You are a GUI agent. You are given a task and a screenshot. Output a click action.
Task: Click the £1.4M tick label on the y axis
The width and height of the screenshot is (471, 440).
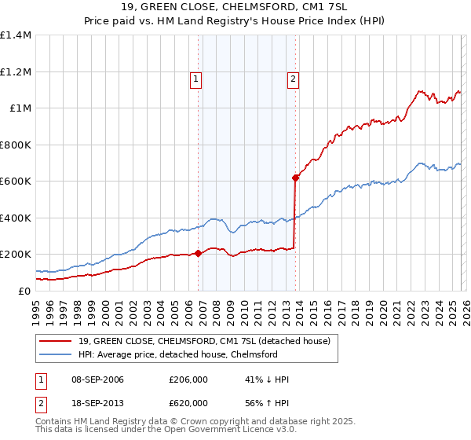[16, 35]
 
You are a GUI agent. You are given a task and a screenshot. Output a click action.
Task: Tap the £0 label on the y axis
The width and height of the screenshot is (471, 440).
[24, 291]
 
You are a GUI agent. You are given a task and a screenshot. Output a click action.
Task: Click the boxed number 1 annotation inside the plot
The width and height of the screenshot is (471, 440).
[195, 79]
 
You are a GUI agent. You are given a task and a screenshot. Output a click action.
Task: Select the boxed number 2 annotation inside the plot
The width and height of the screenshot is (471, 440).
[292, 79]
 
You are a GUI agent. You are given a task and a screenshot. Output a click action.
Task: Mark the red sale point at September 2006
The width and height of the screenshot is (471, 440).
[198, 253]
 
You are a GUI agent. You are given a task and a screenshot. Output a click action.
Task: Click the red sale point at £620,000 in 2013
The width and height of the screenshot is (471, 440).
[295, 178]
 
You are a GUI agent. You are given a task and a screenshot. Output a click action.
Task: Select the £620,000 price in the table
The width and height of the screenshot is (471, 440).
[188, 403]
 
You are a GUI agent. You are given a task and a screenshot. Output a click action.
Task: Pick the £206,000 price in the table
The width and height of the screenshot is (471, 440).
[188, 379]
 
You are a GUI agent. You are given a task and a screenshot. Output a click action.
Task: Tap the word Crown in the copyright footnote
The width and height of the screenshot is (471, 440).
[187, 422]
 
